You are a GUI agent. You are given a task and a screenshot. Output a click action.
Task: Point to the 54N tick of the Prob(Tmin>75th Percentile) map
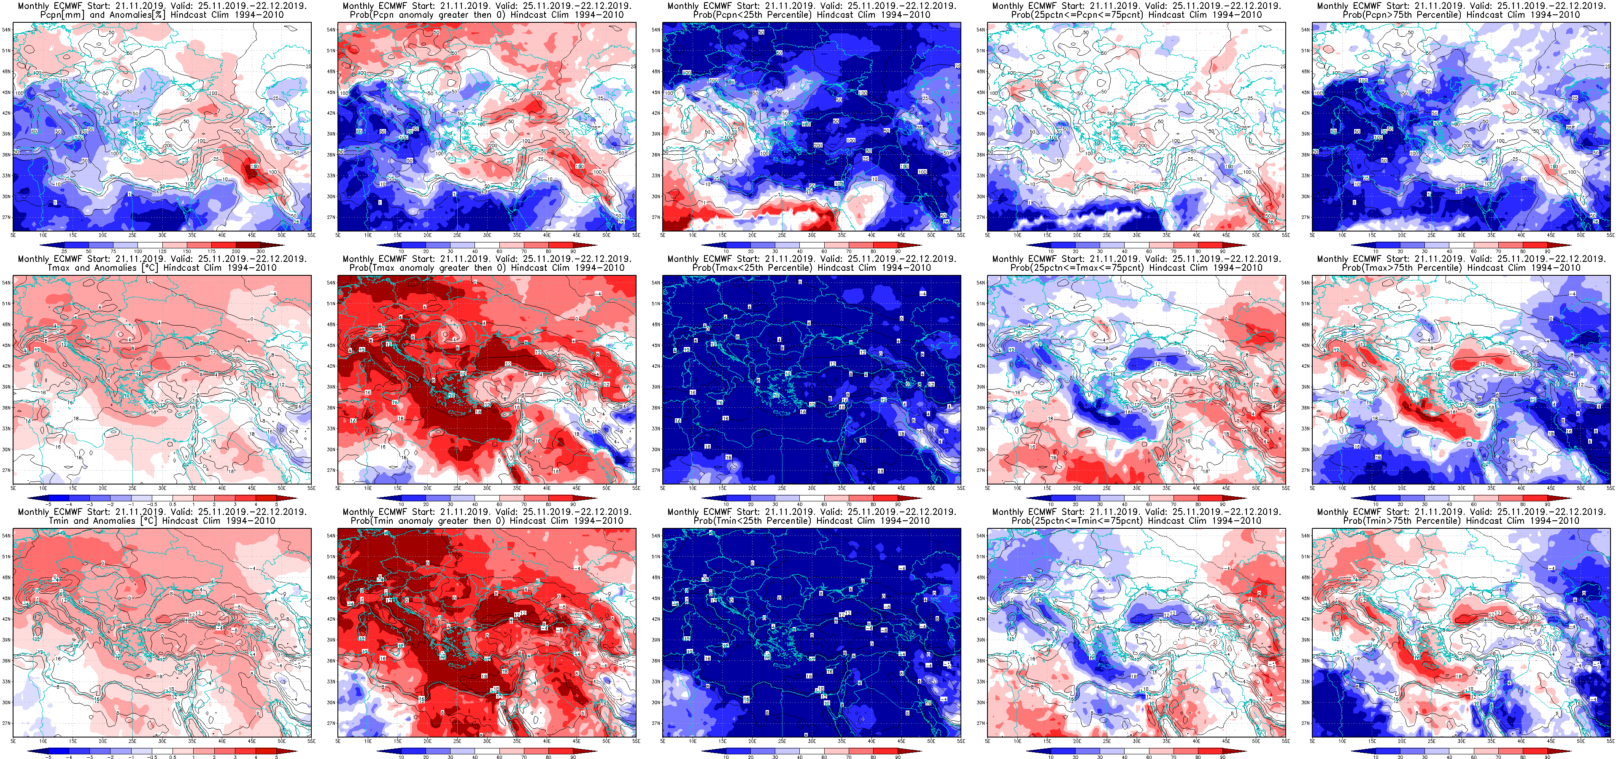click(1307, 536)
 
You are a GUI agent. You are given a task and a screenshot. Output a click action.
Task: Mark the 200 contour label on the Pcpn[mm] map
click(168, 145)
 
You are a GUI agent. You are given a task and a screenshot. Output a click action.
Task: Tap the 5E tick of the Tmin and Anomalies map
click(13, 741)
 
